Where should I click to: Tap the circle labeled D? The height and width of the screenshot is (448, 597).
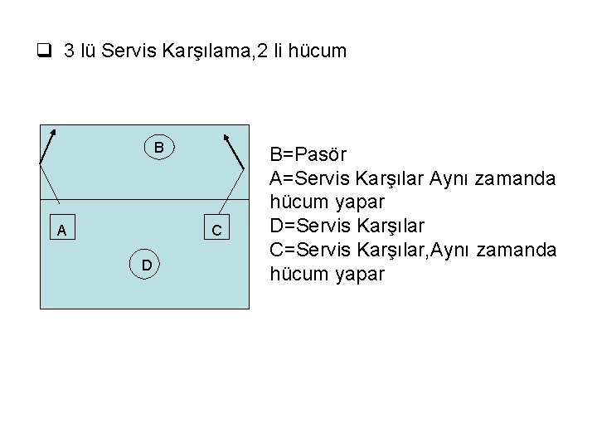coord(144,264)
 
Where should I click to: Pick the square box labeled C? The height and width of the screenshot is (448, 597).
coord(216,230)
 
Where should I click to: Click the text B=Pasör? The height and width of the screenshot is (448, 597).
coord(308,154)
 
